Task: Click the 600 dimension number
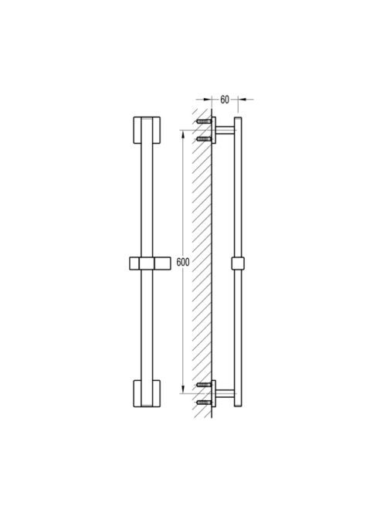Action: [x=183, y=262]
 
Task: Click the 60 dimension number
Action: [x=225, y=100]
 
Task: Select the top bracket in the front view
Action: [x=147, y=130]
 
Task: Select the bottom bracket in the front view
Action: [x=147, y=393]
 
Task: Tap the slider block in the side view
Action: [x=239, y=263]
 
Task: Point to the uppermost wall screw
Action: [x=204, y=121]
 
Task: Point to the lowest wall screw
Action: [x=204, y=402]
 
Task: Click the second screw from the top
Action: [x=204, y=139]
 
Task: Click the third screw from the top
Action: [x=204, y=385]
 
